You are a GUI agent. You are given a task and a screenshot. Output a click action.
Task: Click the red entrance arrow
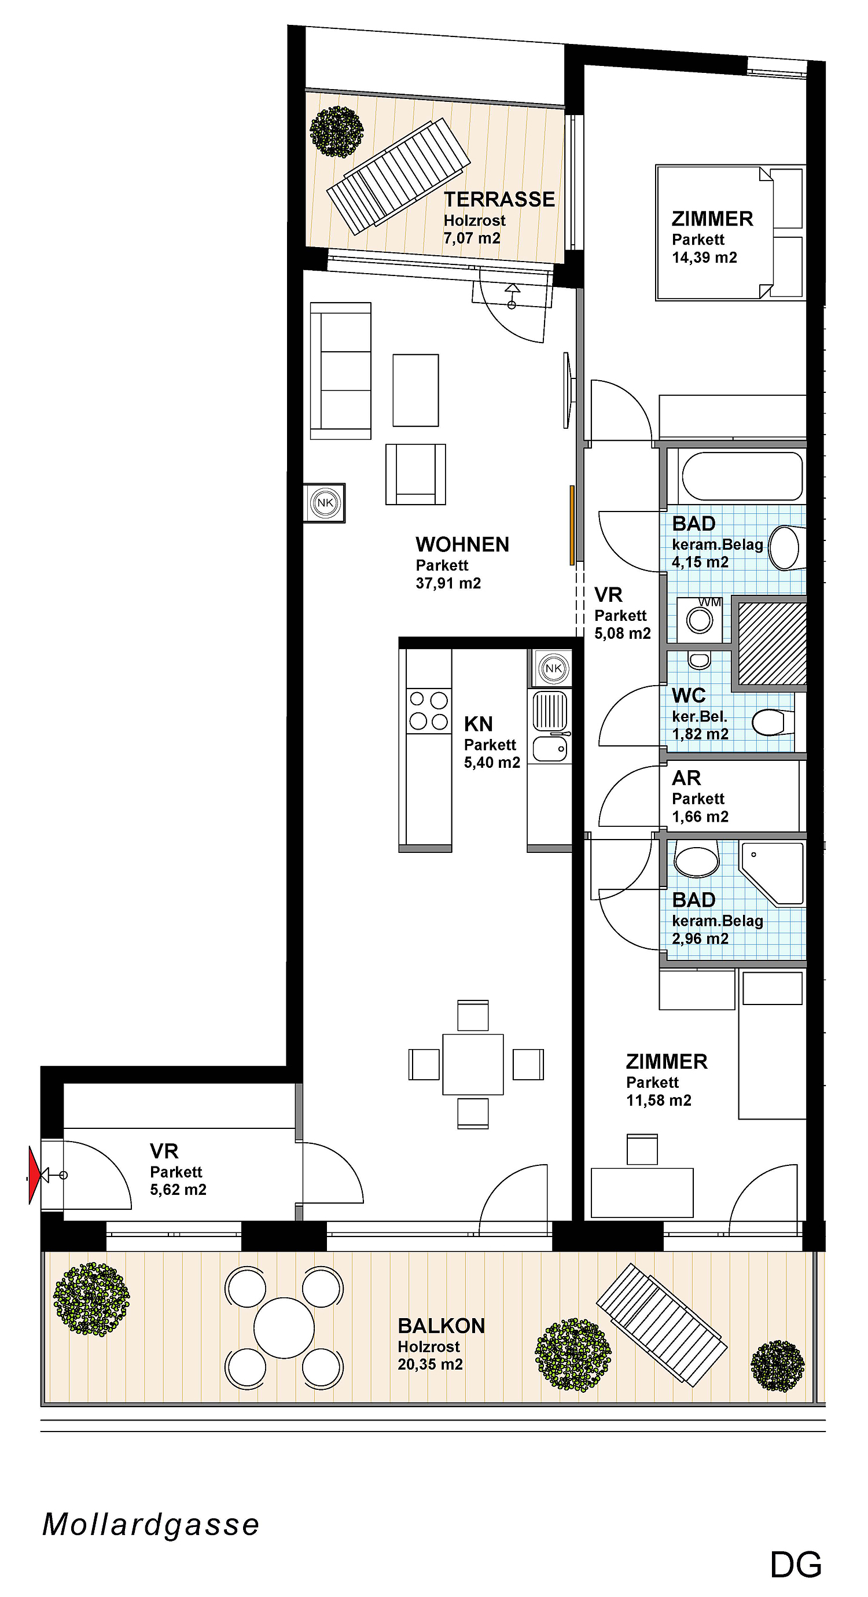[x=34, y=1175]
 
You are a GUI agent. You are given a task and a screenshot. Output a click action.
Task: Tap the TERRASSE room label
[x=499, y=200]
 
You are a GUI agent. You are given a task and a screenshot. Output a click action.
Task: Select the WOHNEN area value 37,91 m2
[x=448, y=583]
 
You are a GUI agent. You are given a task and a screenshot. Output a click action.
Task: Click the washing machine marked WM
[x=700, y=619]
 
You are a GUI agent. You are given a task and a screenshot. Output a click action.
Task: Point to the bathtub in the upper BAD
[x=742, y=476]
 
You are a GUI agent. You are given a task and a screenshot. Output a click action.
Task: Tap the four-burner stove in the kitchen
[x=428, y=711]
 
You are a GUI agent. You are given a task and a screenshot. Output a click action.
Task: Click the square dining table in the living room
[x=473, y=1064]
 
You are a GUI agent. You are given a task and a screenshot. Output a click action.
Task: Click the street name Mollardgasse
[x=150, y=1525]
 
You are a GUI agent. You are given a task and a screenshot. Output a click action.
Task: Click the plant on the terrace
[x=337, y=131]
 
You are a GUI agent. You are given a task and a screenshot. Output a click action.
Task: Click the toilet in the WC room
[x=773, y=722]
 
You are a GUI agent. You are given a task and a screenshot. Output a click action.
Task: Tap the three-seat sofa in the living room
[x=340, y=371]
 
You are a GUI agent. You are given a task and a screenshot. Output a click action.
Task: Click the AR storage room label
[x=686, y=778]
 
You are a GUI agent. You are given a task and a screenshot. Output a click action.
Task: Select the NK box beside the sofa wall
[x=324, y=503]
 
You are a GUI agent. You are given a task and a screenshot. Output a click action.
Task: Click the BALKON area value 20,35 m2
[x=431, y=1364]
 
